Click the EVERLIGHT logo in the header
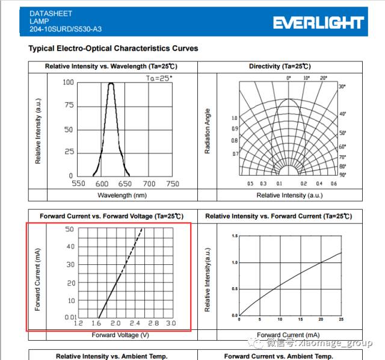(x=318, y=23)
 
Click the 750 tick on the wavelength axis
(x=172, y=184)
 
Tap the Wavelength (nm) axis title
(x=122, y=195)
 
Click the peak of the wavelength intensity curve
(x=111, y=84)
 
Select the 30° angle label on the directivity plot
(x=342, y=87)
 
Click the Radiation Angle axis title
(x=208, y=131)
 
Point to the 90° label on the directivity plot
(x=342, y=175)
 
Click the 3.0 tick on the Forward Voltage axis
(x=171, y=324)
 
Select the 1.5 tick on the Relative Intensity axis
(x=235, y=235)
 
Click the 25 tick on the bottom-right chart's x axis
(x=341, y=319)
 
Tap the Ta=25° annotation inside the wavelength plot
(x=159, y=78)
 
